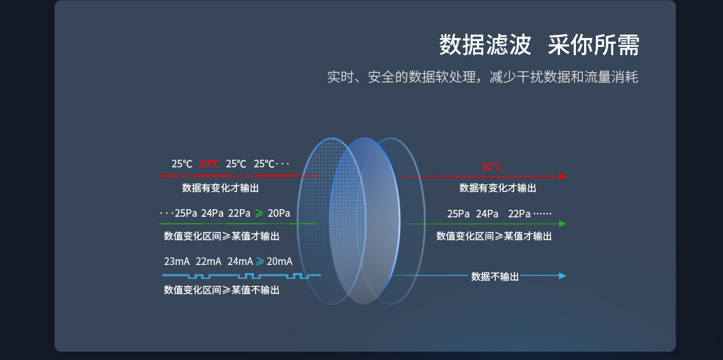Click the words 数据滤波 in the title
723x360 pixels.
(485, 46)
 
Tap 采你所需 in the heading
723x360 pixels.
(594, 46)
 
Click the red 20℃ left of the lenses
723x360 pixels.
(209, 164)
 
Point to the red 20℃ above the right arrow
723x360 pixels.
(492, 167)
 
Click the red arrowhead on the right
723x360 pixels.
(563, 176)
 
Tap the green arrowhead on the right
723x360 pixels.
(563, 224)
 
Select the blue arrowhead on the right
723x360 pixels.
(563, 276)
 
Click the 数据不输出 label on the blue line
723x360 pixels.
(495, 276)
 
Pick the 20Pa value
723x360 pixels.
(279, 213)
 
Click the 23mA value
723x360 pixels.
(176, 261)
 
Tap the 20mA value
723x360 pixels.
(280, 261)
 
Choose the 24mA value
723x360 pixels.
(240, 261)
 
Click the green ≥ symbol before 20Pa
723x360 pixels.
(259, 213)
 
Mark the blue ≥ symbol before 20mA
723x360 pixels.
(259, 261)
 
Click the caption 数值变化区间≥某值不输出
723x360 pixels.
(221, 290)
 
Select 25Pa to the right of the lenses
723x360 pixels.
(459, 214)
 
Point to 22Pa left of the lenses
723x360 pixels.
(239, 213)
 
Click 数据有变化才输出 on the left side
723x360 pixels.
(220, 188)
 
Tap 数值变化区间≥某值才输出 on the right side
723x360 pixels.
(494, 236)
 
